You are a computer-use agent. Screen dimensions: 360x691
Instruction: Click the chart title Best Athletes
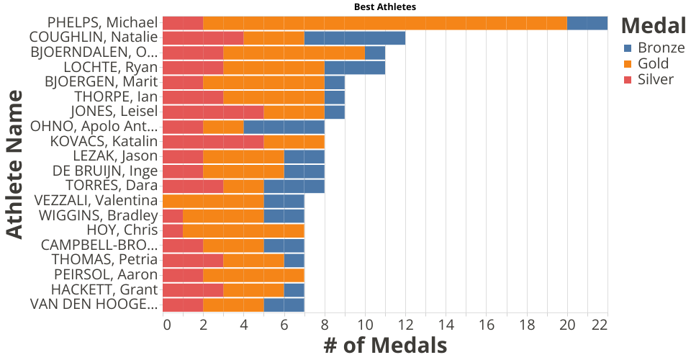(x=385, y=6)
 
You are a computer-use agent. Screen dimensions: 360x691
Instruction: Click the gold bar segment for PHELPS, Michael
(x=385, y=23)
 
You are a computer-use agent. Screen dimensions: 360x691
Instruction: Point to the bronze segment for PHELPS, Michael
(x=587, y=23)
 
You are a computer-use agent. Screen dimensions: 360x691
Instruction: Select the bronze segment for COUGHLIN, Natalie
(x=355, y=38)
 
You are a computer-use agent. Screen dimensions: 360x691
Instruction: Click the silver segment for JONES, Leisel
(x=213, y=112)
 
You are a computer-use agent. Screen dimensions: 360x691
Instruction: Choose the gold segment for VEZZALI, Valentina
(x=213, y=200)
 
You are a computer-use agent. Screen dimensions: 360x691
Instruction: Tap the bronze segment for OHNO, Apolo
(x=284, y=127)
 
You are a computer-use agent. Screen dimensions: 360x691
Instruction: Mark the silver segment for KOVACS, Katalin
(x=213, y=141)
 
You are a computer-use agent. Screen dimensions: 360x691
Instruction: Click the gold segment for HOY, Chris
(x=243, y=230)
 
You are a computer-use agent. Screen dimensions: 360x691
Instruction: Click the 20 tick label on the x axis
(x=567, y=325)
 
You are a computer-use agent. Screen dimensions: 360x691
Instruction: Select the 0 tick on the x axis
(x=167, y=325)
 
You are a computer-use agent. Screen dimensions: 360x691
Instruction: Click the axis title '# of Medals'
(x=385, y=346)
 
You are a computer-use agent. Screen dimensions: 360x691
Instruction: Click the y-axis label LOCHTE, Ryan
(x=119, y=68)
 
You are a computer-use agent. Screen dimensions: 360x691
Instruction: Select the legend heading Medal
(x=654, y=26)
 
